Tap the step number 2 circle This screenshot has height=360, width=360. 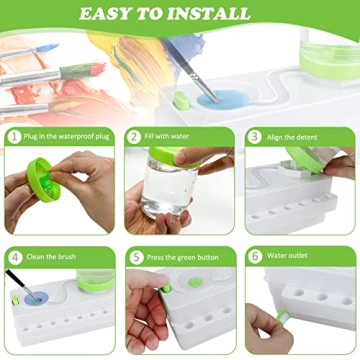pos(134,136)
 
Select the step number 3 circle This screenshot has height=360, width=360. pos(254,136)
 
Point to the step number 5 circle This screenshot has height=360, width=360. pos(134,256)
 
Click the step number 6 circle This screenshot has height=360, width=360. pos(254,256)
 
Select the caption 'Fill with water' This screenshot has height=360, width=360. pos(170,136)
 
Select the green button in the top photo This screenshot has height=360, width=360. pos(181,100)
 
